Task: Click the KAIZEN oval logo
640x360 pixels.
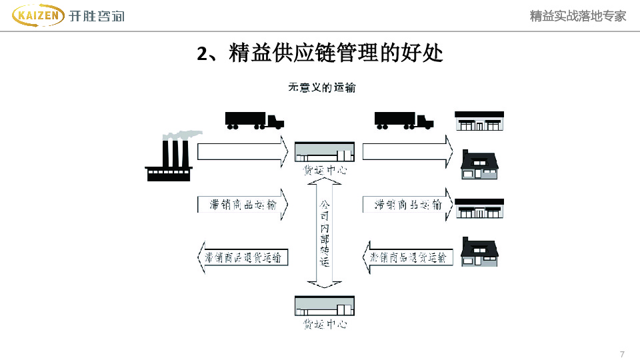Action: point(39,15)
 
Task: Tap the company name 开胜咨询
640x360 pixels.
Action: point(96,16)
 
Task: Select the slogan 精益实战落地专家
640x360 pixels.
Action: point(578,16)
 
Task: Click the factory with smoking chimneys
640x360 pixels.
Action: point(169,160)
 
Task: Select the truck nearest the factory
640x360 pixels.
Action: point(254,120)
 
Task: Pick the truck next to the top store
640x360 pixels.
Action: point(403,120)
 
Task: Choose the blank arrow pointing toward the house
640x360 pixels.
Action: point(407,151)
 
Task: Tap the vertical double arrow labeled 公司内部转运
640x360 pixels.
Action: point(325,233)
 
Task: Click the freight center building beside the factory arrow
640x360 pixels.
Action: point(325,153)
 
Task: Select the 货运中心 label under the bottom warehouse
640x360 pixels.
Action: point(325,325)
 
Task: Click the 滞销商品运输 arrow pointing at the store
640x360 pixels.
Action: point(407,205)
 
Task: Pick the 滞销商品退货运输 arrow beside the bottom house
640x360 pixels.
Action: point(407,257)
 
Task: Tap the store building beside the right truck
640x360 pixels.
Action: point(479,121)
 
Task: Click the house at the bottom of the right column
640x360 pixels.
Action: point(479,252)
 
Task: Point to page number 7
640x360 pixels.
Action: point(622,353)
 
